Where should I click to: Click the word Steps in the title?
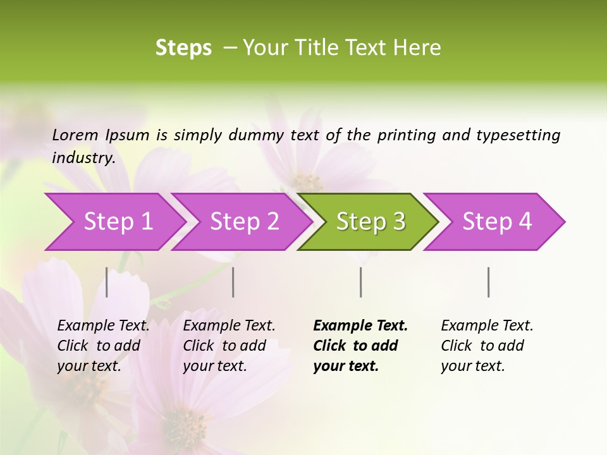tap(183, 48)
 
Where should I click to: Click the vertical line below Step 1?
tap(107, 282)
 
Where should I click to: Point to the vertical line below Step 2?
tap(233, 282)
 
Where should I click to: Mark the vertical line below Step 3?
tap(360, 282)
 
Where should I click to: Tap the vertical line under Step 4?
tap(488, 282)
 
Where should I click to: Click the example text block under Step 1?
tap(103, 346)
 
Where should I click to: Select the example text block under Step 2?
tap(229, 346)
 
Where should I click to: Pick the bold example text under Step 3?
tap(360, 346)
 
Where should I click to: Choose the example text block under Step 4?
tap(487, 346)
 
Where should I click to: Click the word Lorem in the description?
tap(75, 135)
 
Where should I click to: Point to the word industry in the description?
tap(83, 157)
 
